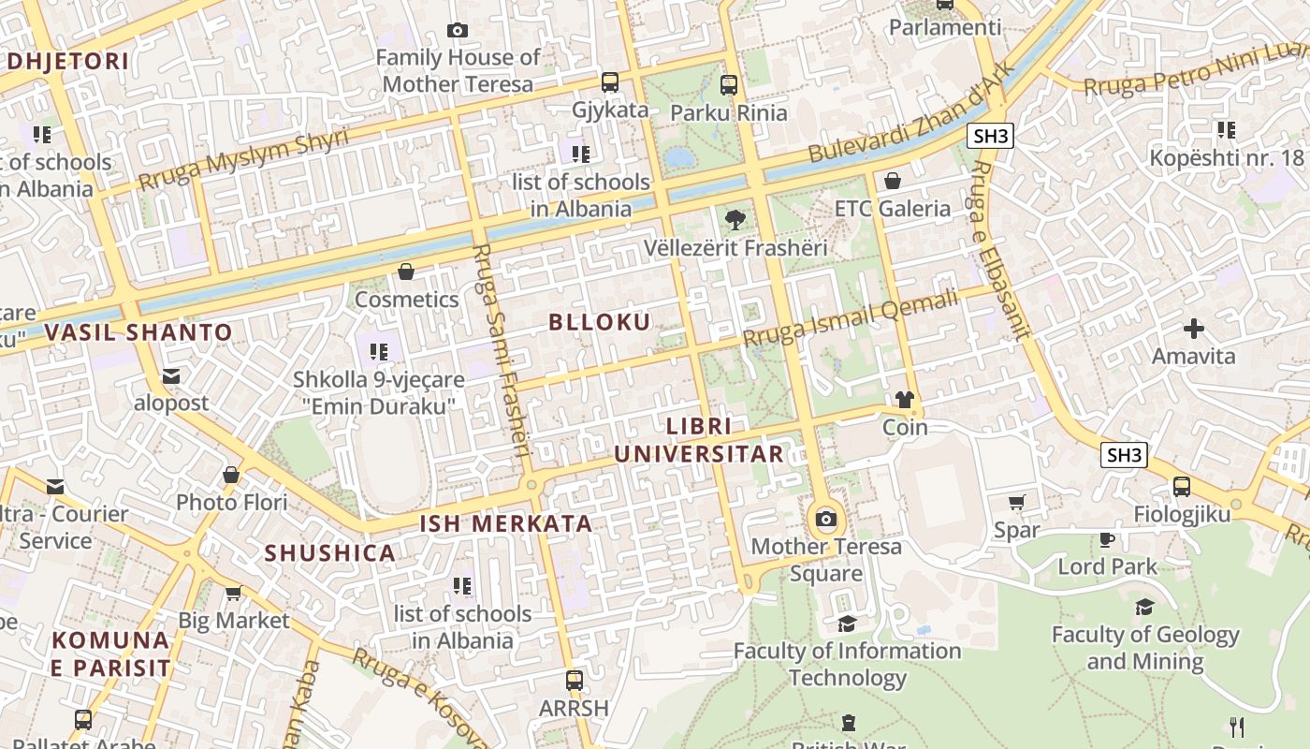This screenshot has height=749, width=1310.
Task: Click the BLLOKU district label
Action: (x=599, y=322)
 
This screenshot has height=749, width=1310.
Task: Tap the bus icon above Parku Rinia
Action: (x=729, y=85)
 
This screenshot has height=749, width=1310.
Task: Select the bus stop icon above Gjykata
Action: (x=610, y=82)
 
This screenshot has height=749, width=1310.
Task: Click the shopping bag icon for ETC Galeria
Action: (x=893, y=181)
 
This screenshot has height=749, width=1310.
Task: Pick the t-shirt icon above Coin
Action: (x=904, y=400)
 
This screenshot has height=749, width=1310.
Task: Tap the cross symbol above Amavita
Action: (x=1193, y=329)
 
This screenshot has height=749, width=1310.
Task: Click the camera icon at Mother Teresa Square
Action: (x=825, y=519)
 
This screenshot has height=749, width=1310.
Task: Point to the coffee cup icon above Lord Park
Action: (x=1107, y=539)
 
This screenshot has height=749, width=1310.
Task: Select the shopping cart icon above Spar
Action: (x=1017, y=503)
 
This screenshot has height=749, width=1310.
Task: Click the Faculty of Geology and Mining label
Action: (x=1145, y=648)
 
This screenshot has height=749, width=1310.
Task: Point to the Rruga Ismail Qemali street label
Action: (x=851, y=318)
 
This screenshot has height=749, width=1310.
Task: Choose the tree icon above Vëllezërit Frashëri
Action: (x=735, y=220)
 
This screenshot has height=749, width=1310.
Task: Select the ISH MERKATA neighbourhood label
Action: (x=505, y=524)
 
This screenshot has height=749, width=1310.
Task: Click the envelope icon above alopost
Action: (x=171, y=376)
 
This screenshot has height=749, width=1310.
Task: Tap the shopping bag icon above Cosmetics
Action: (x=406, y=272)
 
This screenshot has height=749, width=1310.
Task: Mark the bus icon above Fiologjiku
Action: (x=1182, y=487)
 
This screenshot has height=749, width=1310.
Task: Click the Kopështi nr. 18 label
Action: (x=1227, y=157)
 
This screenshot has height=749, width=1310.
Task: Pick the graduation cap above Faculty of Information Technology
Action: (x=847, y=624)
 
